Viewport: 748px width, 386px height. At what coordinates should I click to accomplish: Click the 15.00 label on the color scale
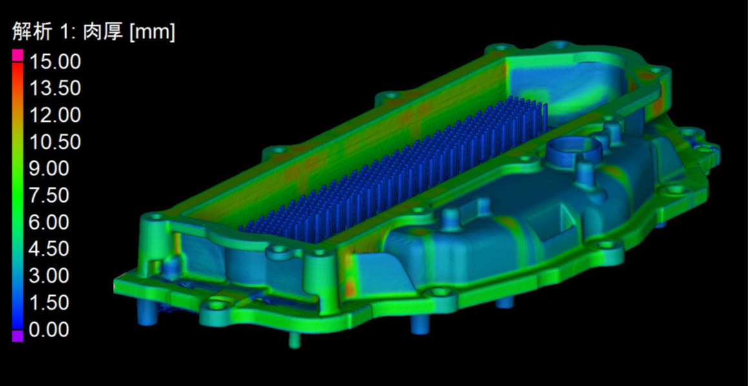coord(55,62)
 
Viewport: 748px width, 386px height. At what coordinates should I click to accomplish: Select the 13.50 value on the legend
coord(55,89)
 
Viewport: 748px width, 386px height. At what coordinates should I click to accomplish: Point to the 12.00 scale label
coord(55,115)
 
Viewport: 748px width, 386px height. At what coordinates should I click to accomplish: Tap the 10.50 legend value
coord(55,142)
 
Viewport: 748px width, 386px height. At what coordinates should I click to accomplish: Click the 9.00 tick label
coord(49,169)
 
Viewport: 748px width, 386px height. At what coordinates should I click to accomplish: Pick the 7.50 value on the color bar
coord(49,195)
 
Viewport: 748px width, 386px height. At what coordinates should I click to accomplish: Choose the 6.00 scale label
coord(49,222)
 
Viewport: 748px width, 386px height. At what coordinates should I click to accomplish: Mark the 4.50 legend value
coord(49,249)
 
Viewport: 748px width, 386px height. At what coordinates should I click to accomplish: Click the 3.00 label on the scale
coord(49,275)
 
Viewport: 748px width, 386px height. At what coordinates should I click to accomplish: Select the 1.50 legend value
coord(49,302)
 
